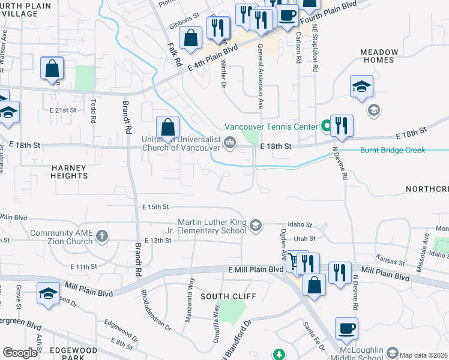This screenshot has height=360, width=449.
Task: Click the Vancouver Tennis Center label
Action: point(271,127)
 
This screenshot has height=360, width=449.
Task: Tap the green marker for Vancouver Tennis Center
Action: point(326,126)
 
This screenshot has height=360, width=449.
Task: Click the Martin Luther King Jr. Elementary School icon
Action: point(255,225)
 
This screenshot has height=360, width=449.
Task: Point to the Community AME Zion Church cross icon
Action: point(102,236)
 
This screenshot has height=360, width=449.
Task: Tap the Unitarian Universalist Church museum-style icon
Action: point(229,143)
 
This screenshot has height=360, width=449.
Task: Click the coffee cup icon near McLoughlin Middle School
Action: point(346,328)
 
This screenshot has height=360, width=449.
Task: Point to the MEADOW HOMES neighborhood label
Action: point(379,56)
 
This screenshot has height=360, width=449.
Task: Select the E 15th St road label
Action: point(156,207)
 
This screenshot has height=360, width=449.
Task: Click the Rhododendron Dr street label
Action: point(155,310)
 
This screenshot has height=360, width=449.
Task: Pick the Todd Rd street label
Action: point(93,111)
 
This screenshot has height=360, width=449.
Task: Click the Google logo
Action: point(20,353)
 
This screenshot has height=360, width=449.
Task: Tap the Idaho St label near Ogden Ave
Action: point(300,225)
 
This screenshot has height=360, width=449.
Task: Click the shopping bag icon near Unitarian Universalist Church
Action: point(168,128)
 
